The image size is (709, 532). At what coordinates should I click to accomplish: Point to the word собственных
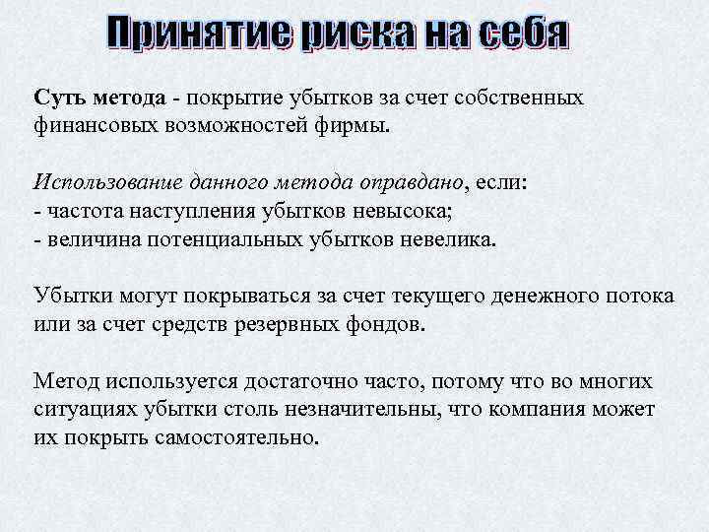pos(522,99)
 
